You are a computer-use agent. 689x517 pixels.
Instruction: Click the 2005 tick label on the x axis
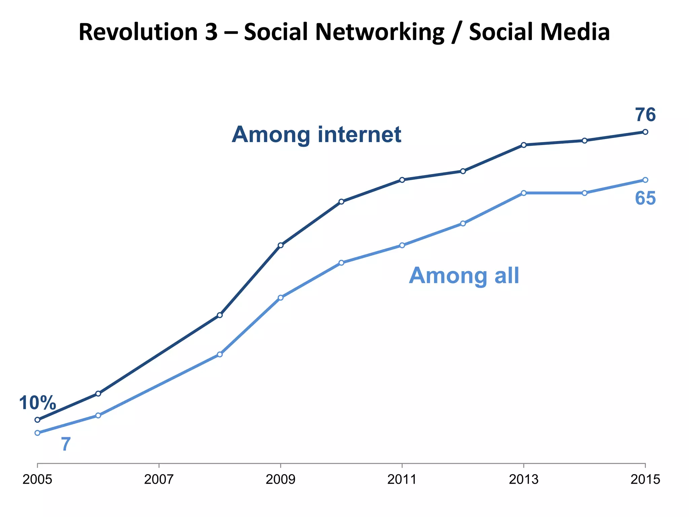(x=37, y=480)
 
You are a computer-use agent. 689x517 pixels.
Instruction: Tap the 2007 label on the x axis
(x=159, y=480)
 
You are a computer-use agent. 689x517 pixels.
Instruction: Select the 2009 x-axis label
(x=280, y=480)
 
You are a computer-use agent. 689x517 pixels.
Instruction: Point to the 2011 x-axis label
(x=402, y=480)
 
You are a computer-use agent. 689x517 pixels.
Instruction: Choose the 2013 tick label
(x=523, y=480)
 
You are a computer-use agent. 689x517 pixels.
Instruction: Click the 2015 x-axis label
(x=645, y=480)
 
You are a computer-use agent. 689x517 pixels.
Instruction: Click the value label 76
(x=645, y=115)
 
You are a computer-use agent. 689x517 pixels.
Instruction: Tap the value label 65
(x=645, y=198)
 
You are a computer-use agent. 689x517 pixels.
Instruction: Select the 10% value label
(x=37, y=403)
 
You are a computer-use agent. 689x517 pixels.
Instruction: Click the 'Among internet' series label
(x=316, y=135)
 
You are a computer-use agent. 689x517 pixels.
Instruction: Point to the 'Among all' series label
(x=464, y=276)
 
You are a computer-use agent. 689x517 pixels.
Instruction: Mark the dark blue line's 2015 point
(x=645, y=132)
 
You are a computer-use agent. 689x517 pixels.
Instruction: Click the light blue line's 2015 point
(x=645, y=180)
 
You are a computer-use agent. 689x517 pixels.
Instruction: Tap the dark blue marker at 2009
(x=281, y=245)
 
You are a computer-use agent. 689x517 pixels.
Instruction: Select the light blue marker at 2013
(x=523, y=193)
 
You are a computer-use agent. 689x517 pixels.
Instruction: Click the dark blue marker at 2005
(x=37, y=420)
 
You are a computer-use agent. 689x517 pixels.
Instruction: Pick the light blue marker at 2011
(x=402, y=245)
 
